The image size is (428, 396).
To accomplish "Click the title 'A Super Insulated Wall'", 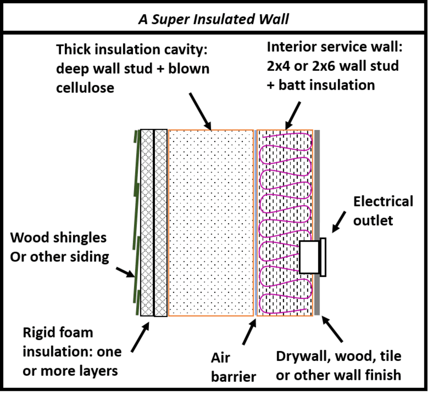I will (x=213, y=19).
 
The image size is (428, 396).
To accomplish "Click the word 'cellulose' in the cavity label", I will (x=85, y=88).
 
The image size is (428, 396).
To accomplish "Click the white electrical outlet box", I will (x=309, y=257).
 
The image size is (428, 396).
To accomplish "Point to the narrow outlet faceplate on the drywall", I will (x=323, y=257).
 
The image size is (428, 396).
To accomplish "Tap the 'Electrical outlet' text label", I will (x=382, y=211).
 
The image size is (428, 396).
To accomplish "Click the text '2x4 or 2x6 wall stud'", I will (x=332, y=66).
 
